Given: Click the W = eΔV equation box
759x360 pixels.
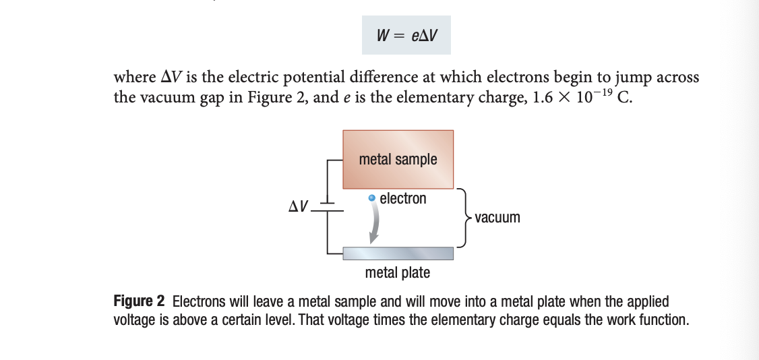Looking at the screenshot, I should (406, 34).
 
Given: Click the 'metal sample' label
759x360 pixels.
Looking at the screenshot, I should (398, 160).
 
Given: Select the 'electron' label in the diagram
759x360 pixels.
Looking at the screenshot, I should (403, 199).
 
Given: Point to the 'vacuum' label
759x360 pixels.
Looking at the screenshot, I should (497, 218).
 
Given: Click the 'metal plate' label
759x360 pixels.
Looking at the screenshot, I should (397, 273).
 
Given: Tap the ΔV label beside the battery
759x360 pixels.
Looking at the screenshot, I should (299, 205).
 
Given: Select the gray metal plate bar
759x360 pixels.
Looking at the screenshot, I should (398, 253).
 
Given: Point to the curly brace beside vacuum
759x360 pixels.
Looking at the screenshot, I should (464, 218).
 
